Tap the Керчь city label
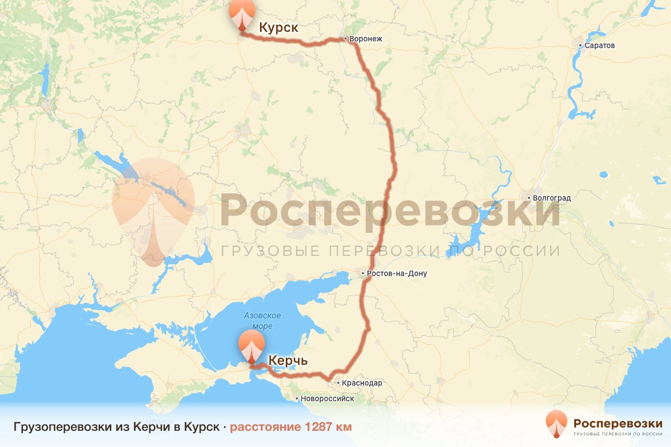click(288, 360)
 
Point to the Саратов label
click(600, 45)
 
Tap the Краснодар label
click(362, 383)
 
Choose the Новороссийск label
click(327, 399)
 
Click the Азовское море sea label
click(262, 321)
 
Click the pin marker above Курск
click(242, 14)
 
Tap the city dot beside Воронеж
click(346, 39)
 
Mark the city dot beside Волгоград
click(529, 197)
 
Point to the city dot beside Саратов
click(580, 45)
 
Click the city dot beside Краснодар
click(338, 383)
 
